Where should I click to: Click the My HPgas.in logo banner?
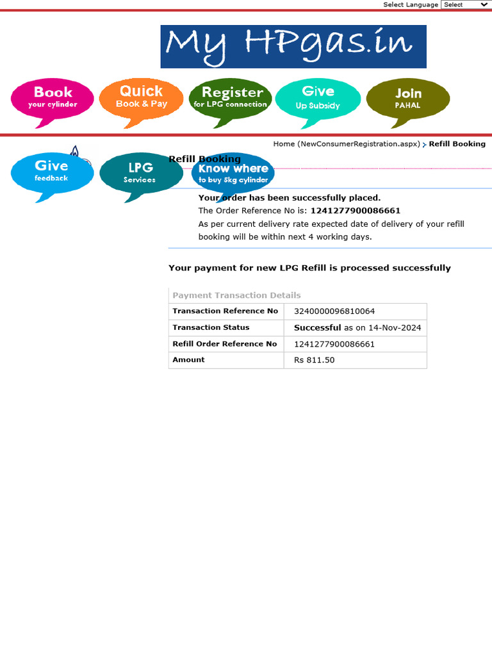[293, 46]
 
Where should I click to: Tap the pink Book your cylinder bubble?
[53, 98]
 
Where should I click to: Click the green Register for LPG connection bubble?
[231, 97]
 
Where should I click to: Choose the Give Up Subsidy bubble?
[318, 97]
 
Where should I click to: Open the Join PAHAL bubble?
[407, 98]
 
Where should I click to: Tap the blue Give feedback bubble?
[51, 171]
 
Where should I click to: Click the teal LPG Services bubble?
[140, 172]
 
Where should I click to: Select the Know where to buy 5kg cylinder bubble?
[233, 173]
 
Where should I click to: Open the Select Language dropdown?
[466, 4]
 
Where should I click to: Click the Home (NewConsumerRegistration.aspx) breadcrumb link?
[347, 144]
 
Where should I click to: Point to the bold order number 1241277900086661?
[356, 211]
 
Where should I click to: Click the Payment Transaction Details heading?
[236, 295]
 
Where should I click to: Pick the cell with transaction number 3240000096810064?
[334, 311]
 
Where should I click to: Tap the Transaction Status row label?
[211, 327]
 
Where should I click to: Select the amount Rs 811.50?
[314, 360]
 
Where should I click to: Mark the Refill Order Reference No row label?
[225, 344]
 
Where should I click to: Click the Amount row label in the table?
[188, 360]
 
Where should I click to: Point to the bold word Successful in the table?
[317, 328]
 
